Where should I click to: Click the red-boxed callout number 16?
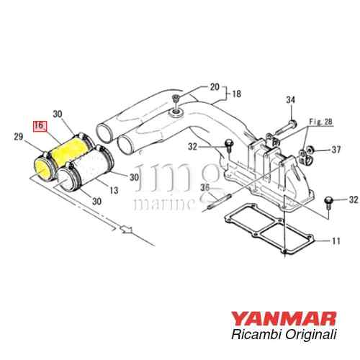[39, 125]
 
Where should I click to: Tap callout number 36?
[204, 188]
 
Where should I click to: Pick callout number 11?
[336, 241]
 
